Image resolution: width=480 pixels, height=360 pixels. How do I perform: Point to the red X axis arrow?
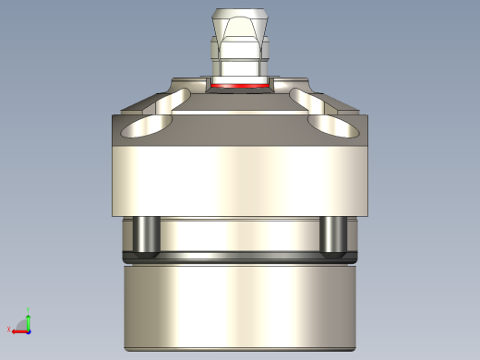18,330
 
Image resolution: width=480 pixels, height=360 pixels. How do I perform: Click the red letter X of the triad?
9,330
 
